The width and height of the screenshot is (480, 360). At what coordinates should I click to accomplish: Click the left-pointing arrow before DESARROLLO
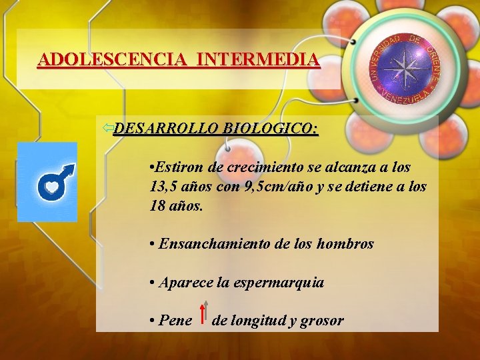pyautogui.click(x=107, y=127)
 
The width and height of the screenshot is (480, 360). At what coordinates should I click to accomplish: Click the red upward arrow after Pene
pyautogui.click(x=202, y=313)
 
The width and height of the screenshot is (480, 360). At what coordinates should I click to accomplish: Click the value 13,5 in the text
pyautogui.click(x=164, y=186)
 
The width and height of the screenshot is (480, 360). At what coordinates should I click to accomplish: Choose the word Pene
pyautogui.click(x=175, y=321)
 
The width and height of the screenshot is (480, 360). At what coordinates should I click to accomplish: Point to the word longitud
pyautogui.click(x=257, y=321)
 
